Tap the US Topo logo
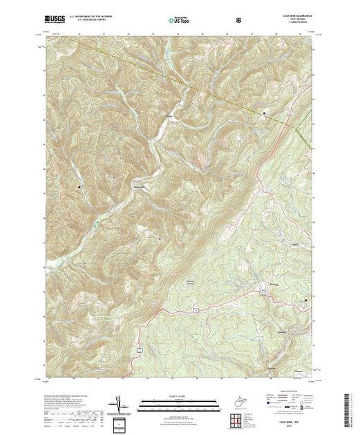(x=178, y=20)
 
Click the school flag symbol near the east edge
(x=306, y=302)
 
